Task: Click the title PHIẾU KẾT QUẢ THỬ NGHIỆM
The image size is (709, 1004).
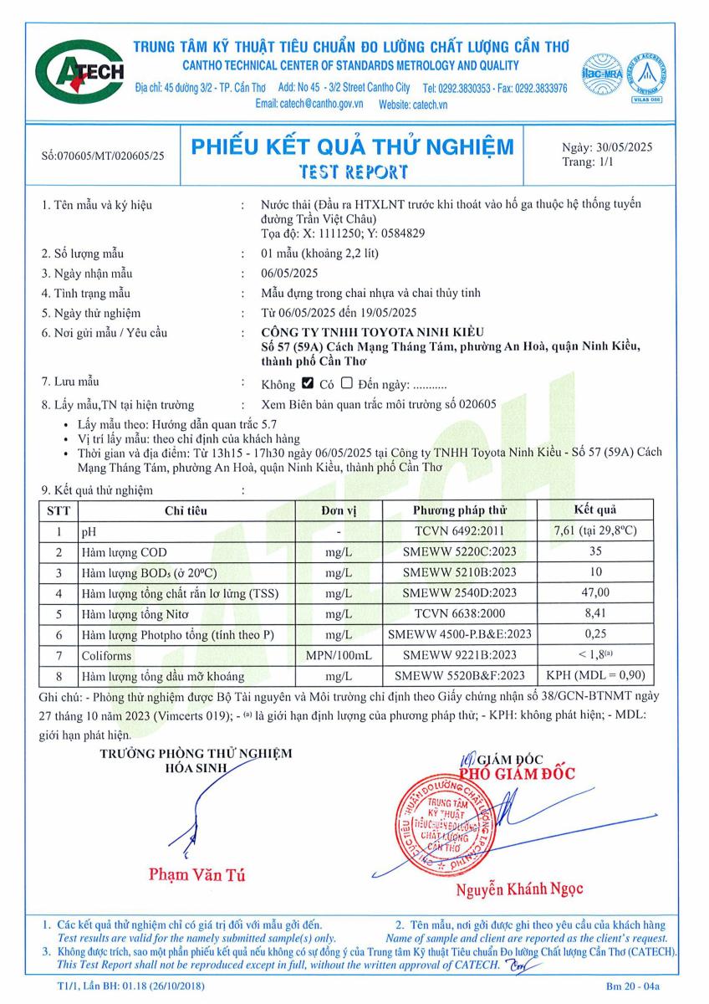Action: coord(353,147)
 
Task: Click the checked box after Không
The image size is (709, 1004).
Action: coord(307,384)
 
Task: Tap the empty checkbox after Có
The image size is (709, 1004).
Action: coord(347,384)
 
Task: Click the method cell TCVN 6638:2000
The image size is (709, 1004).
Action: coord(459,614)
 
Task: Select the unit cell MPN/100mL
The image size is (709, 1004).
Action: coord(339,655)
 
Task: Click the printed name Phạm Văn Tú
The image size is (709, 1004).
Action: coord(197,876)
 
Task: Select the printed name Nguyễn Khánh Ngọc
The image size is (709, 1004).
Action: coord(519,889)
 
